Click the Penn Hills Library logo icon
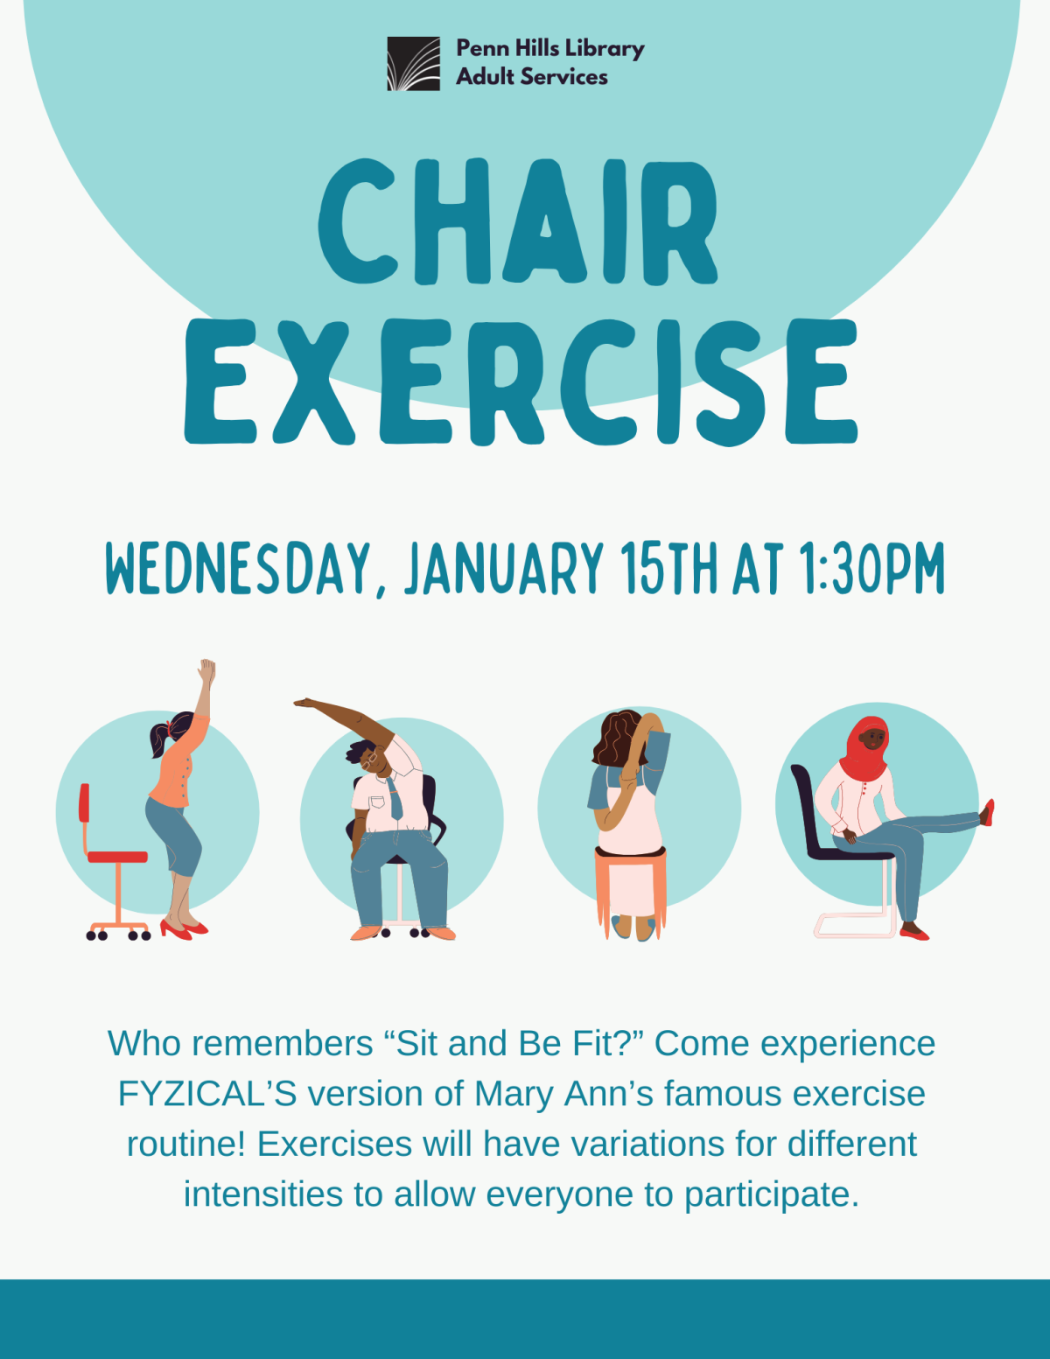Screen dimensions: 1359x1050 [413, 63]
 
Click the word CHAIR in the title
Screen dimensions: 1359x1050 [518, 222]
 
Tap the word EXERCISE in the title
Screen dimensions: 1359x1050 [521, 382]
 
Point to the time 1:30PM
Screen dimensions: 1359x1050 [871, 569]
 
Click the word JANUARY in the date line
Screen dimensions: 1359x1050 [504, 569]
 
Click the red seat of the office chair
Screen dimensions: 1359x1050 [117, 857]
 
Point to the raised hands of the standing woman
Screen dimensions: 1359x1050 [206, 672]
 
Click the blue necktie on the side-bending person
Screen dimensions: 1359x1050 [395, 798]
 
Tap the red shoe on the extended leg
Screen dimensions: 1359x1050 [988, 812]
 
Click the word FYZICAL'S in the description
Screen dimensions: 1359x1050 [207, 1094]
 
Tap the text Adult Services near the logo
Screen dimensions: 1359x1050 [532, 77]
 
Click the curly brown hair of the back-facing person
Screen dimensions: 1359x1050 [619, 738]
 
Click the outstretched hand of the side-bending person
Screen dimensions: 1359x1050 [304, 702]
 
